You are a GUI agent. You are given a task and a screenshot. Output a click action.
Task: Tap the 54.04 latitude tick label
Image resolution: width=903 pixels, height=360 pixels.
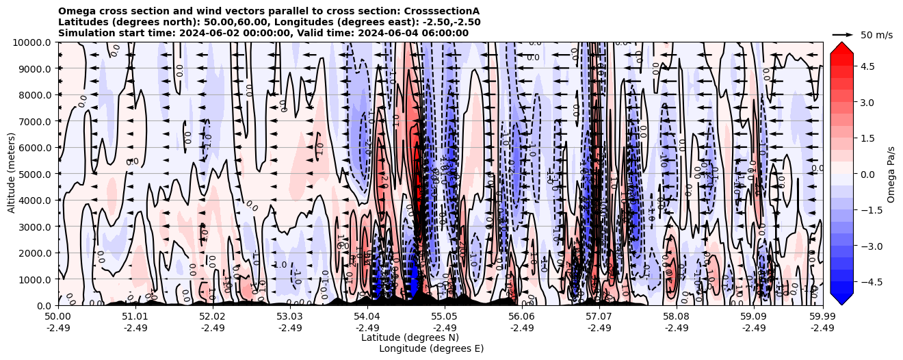click(367, 317)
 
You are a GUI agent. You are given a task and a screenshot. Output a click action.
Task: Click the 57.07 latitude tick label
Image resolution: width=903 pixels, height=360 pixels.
click(599, 317)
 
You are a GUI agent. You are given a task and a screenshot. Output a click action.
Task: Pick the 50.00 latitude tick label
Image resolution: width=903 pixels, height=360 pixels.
click(58, 317)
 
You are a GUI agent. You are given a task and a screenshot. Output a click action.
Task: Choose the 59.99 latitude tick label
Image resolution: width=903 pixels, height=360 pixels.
click(822, 317)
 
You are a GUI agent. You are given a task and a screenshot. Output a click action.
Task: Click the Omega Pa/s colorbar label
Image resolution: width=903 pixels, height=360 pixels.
click(891, 174)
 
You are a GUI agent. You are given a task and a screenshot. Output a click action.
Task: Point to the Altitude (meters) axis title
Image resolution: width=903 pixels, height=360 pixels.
click(12, 174)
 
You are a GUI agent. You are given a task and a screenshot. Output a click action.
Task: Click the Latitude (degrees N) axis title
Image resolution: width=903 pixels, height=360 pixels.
click(410, 337)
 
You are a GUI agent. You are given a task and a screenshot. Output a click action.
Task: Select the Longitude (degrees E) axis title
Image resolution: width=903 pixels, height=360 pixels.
click(431, 348)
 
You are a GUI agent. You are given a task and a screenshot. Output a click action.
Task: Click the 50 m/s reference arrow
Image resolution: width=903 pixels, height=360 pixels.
click(842, 34)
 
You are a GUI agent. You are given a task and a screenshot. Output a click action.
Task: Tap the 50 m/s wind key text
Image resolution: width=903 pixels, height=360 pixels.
click(876, 35)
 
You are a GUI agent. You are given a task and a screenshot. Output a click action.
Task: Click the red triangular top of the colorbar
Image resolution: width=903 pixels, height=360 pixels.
click(841, 47)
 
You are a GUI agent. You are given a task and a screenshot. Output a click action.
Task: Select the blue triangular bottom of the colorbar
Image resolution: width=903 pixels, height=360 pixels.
click(841, 299)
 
